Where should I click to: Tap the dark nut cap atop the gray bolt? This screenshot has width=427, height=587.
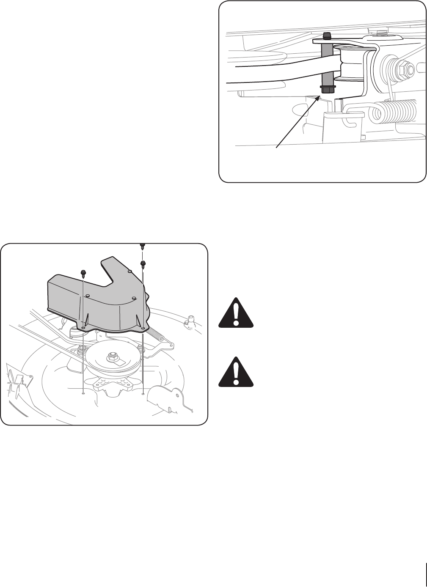point(327,35)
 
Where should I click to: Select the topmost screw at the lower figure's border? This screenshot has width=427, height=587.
point(142,246)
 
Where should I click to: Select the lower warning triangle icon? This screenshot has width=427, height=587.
point(236,372)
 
